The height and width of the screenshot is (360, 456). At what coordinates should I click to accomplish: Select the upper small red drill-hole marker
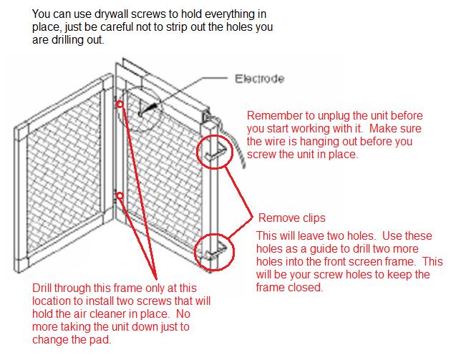pyautogui.click(x=120, y=104)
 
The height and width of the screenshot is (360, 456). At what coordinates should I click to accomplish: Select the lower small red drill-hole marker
pyautogui.click(x=120, y=194)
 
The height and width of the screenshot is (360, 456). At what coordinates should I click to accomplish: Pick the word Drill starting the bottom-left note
pyautogui.click(x=44, y=288)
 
